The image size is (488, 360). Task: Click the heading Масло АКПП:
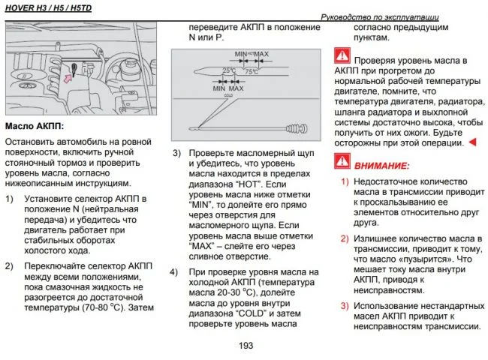(35, 125)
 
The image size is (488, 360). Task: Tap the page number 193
(245, 346)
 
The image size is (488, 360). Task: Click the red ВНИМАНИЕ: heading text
(381, 164)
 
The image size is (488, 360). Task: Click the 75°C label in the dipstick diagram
(252, 70)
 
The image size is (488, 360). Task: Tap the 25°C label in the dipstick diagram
(229, 70)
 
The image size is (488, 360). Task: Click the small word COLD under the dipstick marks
(229, 95)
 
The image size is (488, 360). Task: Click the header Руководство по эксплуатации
(379, 16)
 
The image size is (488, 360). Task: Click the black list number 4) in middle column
(175, 271)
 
